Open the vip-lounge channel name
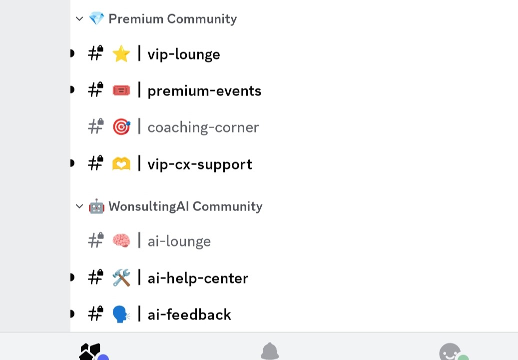pyautogui.click(x=183, y=54)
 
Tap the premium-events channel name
pyautogui.click(x=204, y=91)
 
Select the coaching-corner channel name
pyautogui.click(x=203, y=127)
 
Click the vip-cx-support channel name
pyautogui.click(x=199, y=164)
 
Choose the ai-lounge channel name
pyautogui.click(x=179, y=241)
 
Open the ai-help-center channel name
pyautogui.click(x=197, y=278)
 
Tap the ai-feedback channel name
pyautogui.click(x=189, y=315)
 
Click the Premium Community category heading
pyautogui.click(x=172, y=19)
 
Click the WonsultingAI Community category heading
pyautogui.click(x=185, y=206)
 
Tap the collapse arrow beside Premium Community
pyautogui.click(x=79, y=19)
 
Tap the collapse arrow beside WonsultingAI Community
pyautogui.click(x=79, y=206)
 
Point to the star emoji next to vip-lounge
pyautogui.click(x=121, y=54)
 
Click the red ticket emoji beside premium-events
pyautogui.click(x=121, y=90)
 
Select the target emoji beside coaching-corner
pyautogui.click(x=121, y=127)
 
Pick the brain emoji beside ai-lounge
pyautogui.click(x=121, y=241)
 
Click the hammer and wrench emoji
pyautogui.click(x=121, y=278)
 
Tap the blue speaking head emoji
pyautogui.click(x=121, y=314)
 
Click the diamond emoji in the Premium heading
pyautogui.click(x=96, y=19)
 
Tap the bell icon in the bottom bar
pyautogui.click(x=270, y=351)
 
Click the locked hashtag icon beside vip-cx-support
pyautogui.click(x=95, y=163)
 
